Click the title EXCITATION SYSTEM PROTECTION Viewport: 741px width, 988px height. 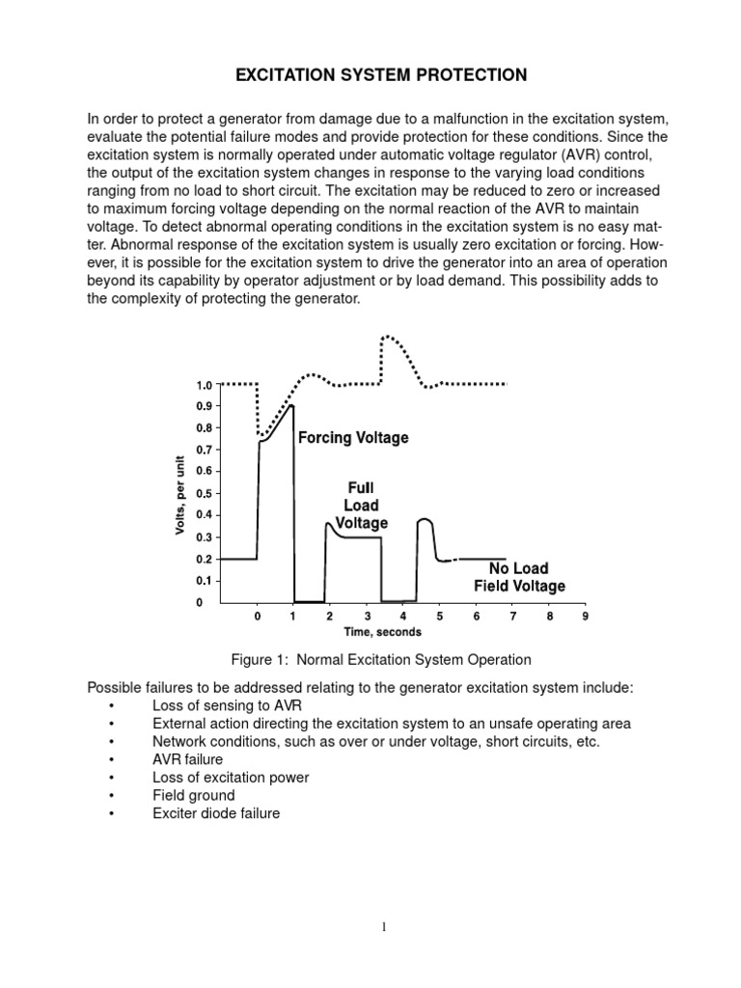point(370,74)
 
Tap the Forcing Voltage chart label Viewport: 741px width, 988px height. point(353,438)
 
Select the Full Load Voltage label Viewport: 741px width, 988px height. point(362,506)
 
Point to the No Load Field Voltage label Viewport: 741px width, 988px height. point(519,577)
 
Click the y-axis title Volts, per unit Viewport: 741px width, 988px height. point(180,494)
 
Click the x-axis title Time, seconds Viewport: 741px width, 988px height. point(383,632)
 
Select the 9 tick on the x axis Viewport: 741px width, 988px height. point(585,616)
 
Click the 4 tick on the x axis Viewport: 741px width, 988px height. point(402,616)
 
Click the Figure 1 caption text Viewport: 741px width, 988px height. point(381,660)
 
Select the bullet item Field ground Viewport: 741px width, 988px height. point(193,795)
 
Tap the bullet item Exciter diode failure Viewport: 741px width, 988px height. point(216,813)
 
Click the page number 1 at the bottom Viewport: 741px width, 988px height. point(383,927)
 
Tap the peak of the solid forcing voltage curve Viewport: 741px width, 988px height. point(291,406)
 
